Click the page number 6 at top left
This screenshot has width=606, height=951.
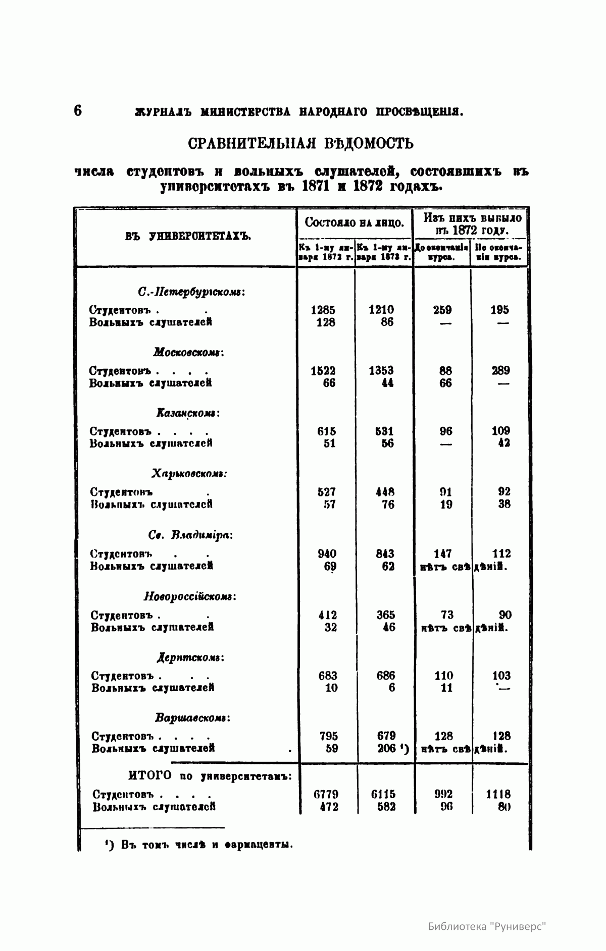click(78, 110)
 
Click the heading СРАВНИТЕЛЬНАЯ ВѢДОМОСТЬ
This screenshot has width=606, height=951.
click(301, 144)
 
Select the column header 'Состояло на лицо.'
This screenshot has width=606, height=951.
click(354, 223)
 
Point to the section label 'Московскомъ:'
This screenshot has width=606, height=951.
click(188, 352)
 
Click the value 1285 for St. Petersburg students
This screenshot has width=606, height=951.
click(323, 310)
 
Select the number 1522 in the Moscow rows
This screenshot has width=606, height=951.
click(323, 371)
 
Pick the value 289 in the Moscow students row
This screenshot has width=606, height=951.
click(500, 371)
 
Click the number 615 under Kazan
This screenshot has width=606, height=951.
click(326, 431)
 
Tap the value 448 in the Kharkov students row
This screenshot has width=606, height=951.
click(385, 492)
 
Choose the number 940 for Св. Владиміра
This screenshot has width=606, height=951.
click(327, 553)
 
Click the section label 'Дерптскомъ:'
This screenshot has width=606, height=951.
click(190, 658)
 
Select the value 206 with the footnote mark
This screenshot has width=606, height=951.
click(387, 749)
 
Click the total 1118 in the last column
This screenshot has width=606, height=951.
click(498, 794)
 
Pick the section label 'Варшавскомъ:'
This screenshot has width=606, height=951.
click(192, 718)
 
